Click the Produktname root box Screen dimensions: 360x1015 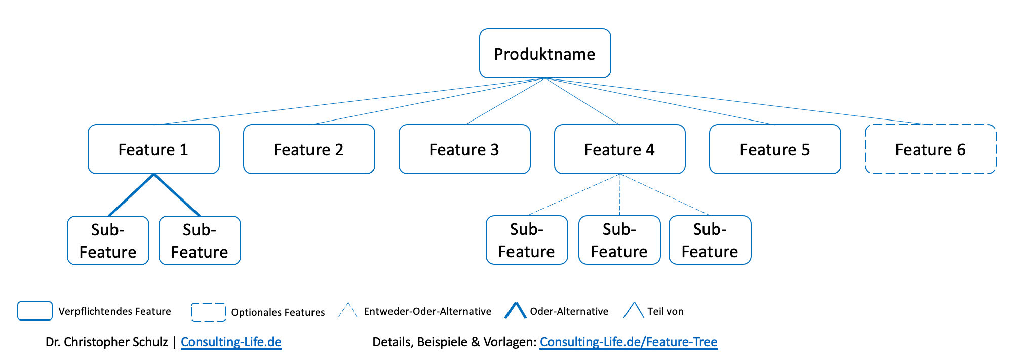[x=544, y=54]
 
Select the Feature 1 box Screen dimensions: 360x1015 [x=153, y=149]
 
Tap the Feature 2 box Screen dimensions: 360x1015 [x=309, y=149]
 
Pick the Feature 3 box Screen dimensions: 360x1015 [x=464, y=149]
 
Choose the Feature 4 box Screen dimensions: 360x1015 [x=619, y=149]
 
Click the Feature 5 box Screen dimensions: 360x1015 [x=775, y=149]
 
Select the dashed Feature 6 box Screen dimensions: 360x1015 [x=930, y=149]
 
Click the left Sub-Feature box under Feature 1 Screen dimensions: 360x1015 [x=108, y=241]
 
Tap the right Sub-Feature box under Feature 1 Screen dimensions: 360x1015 [x=200, y=241]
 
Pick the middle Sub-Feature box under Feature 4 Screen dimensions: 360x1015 [x=619, y=240]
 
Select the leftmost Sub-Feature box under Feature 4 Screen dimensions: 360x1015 [x=527, y=240]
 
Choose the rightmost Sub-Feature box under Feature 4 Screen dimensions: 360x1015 [x=710, y=240]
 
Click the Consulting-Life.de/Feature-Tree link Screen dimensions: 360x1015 [x=628, y=342]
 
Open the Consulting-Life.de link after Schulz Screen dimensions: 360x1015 [x=231, y=342]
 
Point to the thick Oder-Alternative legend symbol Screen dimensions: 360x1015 [x=515, y=310]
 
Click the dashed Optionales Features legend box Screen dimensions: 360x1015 [x=208, y=312]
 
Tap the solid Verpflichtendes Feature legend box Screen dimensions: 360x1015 [x=35, y=311]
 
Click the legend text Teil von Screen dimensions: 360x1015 [x=665, y=311]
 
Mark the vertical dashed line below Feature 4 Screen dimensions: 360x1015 [x=619, y=195]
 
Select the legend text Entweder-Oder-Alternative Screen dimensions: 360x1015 [x=427, y=311]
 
